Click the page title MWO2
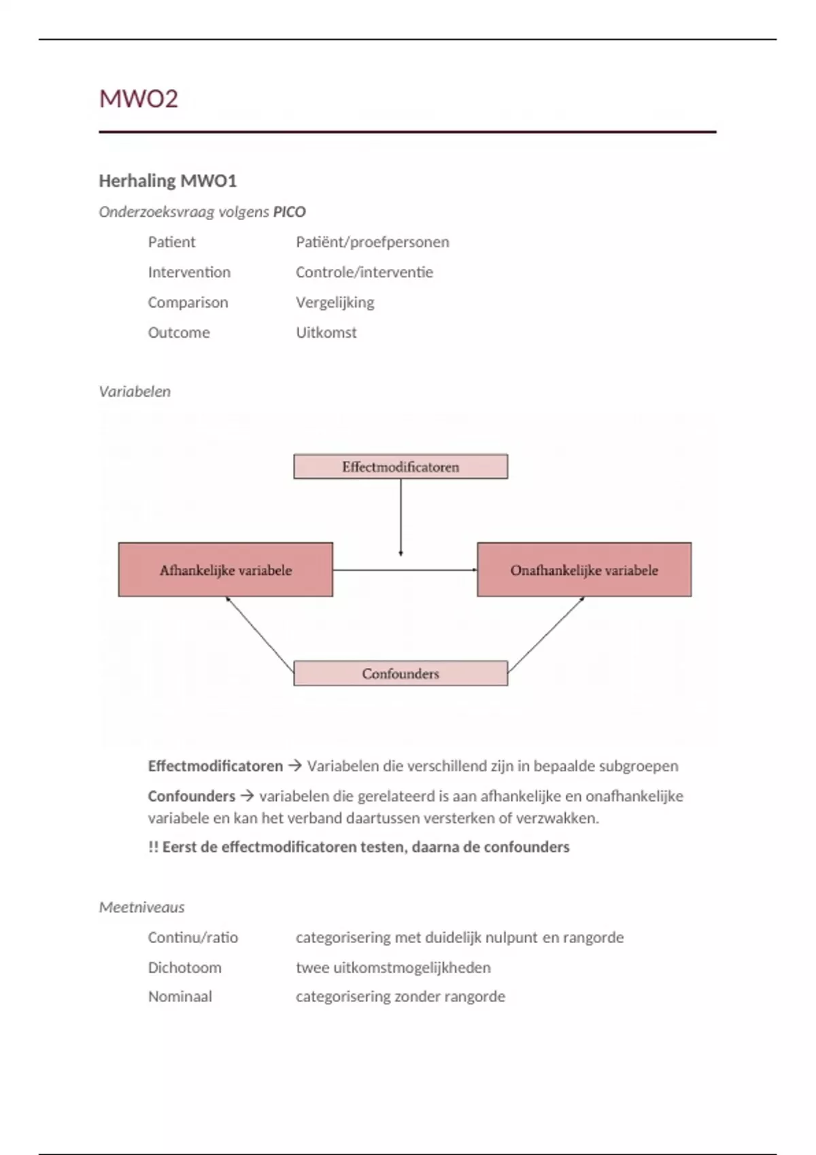(x=139, y=99)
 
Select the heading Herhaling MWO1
(x=167, y=181)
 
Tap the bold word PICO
(x=289, y=212)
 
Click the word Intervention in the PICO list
(x=189, y=272)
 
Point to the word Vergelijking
(x=335, y=302)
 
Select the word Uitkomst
(x=326, y=333)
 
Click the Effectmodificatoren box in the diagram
(x=401, y=467)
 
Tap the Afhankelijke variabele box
(x=226, y=570)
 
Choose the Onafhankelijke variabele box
(x=584, y=570)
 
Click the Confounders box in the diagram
(x=401, y=674)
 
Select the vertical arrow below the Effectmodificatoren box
(x=401, y=516)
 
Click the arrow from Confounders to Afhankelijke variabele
(x=260, y=631)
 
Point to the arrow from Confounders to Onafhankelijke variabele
(x=546, y=633)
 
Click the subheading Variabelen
(x=135, y=391)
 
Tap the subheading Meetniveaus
(x=141, y=907)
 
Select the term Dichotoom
(x=184, y=967)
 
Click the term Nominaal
(x=180, y=997)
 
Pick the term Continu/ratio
(x=193, y=938)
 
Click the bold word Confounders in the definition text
(x=191, y=796)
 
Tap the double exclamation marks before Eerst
(x=153, y=847)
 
